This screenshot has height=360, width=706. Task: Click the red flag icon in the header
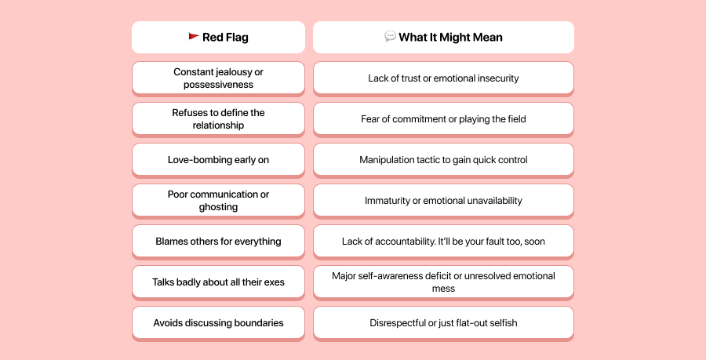(193, 37)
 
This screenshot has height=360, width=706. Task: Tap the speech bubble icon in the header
(390, 37)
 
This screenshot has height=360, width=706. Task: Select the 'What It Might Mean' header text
(450, 37)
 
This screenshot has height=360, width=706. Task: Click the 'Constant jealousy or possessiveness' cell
(218, 78)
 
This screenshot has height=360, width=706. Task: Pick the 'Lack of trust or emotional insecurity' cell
(443, 78)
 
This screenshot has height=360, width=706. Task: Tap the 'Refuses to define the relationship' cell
(218, 118)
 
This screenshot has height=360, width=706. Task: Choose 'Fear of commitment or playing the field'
(443, 119)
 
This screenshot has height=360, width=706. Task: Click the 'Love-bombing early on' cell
(218, 160)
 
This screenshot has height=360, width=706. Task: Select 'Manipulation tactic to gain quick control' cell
(443, 160)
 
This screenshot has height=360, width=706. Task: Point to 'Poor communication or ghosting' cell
(218, 200)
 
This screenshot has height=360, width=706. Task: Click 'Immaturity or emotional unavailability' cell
(443, 201)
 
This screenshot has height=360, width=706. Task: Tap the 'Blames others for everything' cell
(218, 242)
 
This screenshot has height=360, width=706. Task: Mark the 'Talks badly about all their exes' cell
(218, 282)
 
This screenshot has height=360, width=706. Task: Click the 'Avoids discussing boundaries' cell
(218, 323)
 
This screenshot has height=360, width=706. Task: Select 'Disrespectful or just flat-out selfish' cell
(443, 323)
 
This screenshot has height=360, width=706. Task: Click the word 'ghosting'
(218, 207)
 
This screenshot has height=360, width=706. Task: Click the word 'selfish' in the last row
(501, 323)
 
